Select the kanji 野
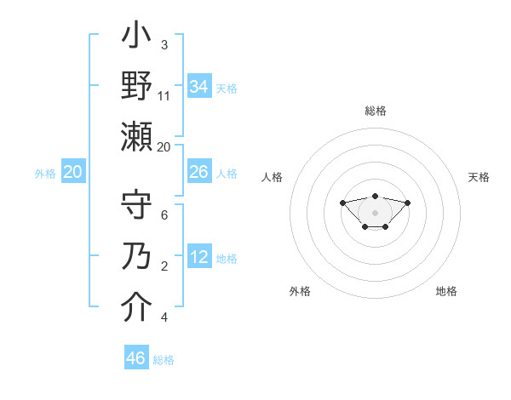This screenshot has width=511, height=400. tap(137, 86)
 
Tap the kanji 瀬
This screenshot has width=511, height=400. tap(137, 136)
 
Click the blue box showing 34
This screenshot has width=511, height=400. tap(199, 87)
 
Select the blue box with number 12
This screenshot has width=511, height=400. tap(199, 258)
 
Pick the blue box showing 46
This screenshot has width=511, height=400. tap(136, 358)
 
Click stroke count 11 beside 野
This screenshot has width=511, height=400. tap(164, 96)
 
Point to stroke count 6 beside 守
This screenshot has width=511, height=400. tap(164, 215)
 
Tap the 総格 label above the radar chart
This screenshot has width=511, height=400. tap(376, 111)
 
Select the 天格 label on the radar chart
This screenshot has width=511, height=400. tap(479, 177)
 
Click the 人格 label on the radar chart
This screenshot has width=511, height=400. tap(273, 177)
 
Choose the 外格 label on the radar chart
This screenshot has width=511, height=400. tap(300, 291)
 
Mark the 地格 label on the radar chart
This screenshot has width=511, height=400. tap(446, 291)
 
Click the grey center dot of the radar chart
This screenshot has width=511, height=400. tap(375, 212)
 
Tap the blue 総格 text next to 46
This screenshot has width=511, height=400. tap(164, 360)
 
